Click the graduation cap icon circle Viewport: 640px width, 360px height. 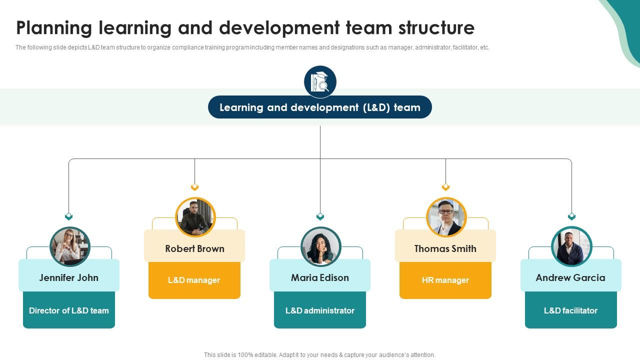coord(320,81)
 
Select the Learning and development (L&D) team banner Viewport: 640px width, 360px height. coord(320,107)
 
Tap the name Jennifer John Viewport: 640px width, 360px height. coord(69,277)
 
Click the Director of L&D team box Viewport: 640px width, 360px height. coord(69,310)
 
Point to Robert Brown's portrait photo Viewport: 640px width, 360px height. coord(195,217)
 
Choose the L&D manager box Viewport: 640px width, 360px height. coord(194,280)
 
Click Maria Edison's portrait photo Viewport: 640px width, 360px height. coord(321,246)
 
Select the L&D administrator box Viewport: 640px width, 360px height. coord(320,310)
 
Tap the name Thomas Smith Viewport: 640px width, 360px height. coord(445,248)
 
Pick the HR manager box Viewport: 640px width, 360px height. coord(445,280)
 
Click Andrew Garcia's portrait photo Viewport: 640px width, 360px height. coord(571,246)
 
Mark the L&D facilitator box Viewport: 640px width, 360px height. coord(571,310)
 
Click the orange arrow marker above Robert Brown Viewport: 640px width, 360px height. coord(194,187)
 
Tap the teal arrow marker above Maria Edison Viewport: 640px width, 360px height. coord(320,216)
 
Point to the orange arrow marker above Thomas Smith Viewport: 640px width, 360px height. coord(445,187)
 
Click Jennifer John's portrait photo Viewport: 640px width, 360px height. coord(70,246)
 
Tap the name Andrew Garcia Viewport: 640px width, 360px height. coord(570,277)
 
